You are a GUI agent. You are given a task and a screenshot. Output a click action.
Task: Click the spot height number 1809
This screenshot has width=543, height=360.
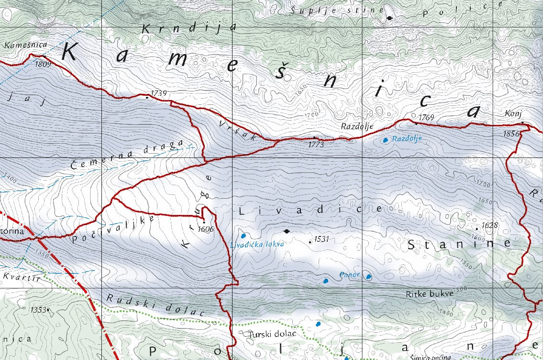pos(43,64)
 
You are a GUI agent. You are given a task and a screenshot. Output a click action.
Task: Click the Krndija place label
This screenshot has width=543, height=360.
pos(189,28)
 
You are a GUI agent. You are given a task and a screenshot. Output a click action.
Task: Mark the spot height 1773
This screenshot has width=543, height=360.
pos(316,144)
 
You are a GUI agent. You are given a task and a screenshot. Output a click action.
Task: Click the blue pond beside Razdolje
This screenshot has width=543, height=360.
pos(385,140)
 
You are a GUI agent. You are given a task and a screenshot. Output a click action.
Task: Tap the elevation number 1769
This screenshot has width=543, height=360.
pos(426,117)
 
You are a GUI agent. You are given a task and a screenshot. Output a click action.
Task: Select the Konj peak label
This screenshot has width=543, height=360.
pos(513,113)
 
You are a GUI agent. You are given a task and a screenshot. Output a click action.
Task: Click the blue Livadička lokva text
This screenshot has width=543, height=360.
pos(257,244)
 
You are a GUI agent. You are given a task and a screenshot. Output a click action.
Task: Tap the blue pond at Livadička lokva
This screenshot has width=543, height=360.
pos(243,236)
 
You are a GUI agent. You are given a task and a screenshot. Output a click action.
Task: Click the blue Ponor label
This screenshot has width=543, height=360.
pos(349,275)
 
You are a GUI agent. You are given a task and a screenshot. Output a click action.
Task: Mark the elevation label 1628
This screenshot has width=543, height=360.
pos(490,225)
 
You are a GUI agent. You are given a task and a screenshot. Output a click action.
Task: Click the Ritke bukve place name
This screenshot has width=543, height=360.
pos(429,293)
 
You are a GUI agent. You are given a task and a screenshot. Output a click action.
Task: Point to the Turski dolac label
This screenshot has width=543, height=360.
pos(273,334)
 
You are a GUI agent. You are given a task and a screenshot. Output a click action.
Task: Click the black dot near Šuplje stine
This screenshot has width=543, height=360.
pos(389,18)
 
